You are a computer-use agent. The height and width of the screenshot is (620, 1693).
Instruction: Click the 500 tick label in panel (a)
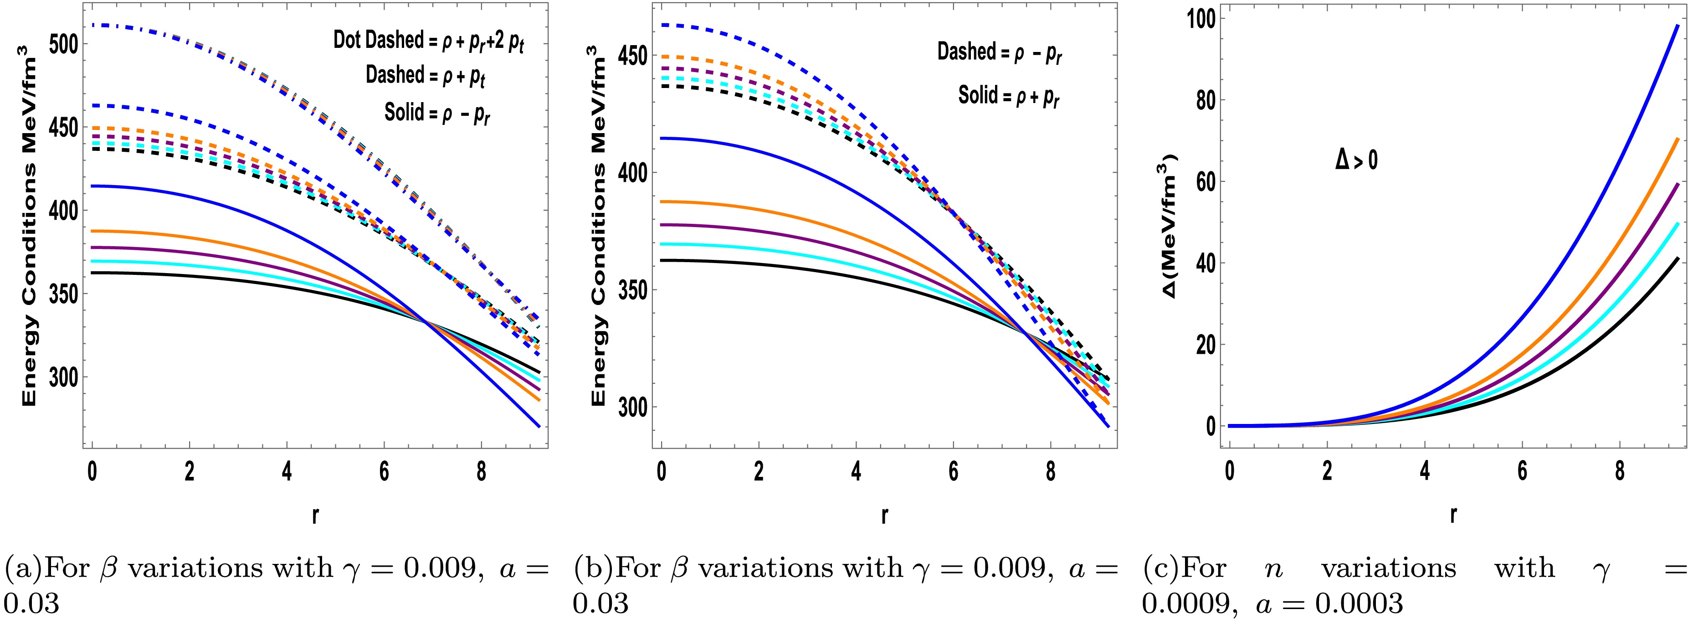[x=64, y=45]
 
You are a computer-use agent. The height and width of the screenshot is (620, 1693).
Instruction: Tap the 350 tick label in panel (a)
[x=64, y=294]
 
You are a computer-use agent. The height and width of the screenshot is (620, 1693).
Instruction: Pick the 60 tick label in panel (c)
[x=1205, y=181]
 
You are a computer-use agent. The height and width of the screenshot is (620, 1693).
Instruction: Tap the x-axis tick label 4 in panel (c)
[x=1425, y=472]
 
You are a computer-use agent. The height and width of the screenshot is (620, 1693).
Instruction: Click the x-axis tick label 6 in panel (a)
[x=384, y=472]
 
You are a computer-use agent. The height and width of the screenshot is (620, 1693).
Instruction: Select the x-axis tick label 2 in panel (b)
[x=759, y=472]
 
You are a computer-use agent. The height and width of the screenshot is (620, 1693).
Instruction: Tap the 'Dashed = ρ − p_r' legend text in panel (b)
[x=1000, y=52]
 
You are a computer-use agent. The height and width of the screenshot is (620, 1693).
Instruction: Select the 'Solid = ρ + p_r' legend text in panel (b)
[x=1009, y=97]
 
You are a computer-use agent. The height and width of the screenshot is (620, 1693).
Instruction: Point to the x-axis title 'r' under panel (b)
[x=885, y=516]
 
